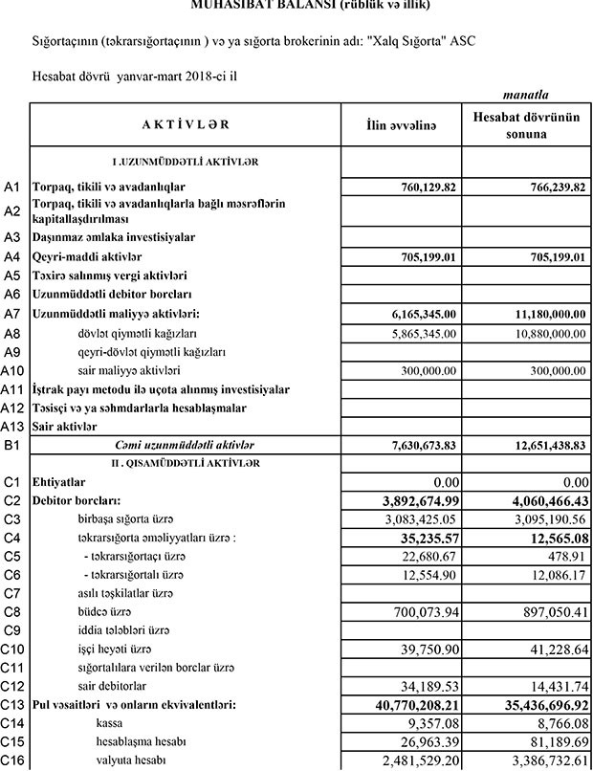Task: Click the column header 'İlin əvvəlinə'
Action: tap(402, 125)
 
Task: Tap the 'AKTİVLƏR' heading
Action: tap(186, 125)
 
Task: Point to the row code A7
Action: tap(12, 314)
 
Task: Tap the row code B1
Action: tap(12, 446)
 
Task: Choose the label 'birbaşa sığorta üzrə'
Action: tap(134, 518)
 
